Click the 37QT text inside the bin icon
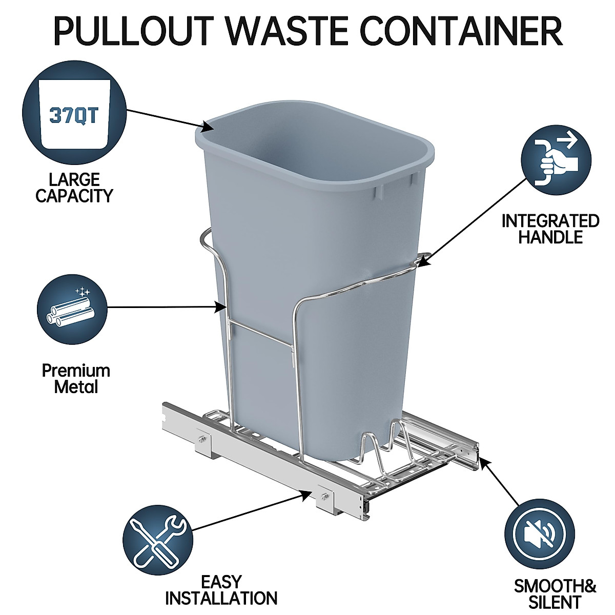[x=74, y=115]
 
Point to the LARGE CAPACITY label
[x=74, y=188]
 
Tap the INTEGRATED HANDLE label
[x=550, y=229]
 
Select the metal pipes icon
[x=72, y=311]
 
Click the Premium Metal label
[x=76, y=378]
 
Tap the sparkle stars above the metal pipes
[x=81, y=292]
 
